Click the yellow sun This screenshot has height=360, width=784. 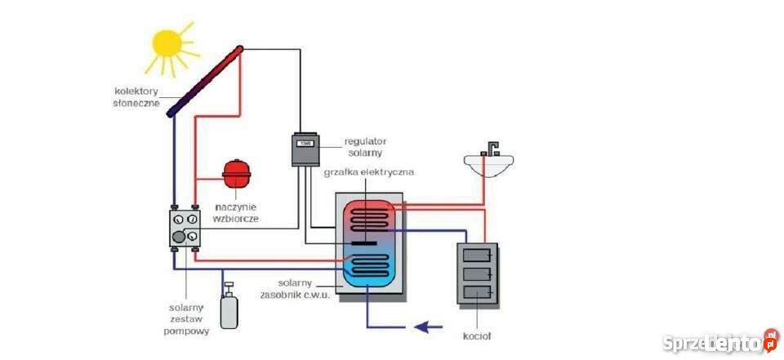click(167, 43)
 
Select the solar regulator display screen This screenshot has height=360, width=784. click(305, 144)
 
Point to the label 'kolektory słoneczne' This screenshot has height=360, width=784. click(137, 97)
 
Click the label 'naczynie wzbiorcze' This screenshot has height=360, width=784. click(237, 212)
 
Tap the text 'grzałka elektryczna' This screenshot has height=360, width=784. click(369, 172)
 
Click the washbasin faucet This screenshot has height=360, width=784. click(490, 149)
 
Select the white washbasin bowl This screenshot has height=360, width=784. click(488, 165)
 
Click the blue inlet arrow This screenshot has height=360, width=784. click(429, 327)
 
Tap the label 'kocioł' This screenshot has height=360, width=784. click(477, 336)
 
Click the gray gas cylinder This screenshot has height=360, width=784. click(229, 307)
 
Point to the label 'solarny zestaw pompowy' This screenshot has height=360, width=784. click(186, 319)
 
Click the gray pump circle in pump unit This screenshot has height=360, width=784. click(178, 237)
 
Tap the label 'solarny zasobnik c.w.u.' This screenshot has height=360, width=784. click(295, 289)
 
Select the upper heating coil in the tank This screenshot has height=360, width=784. click(367, 220)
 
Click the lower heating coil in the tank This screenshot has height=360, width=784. click(367, 265)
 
